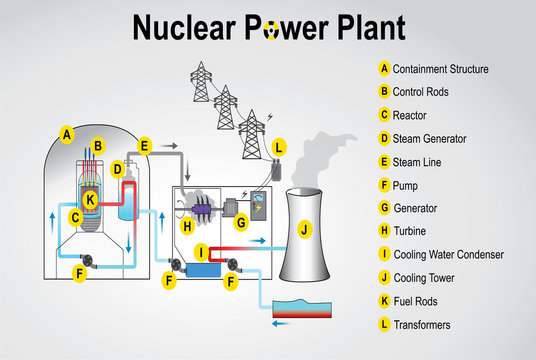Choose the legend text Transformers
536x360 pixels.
(x=422, y=324)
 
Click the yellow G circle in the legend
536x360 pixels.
(x=384, y=208)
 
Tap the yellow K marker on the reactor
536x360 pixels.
(x=90, y=200)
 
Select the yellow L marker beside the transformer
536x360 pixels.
(x=279, y=148)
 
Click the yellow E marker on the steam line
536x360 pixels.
(x=145, y=146)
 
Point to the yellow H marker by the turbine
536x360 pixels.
(x=187, y=227)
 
